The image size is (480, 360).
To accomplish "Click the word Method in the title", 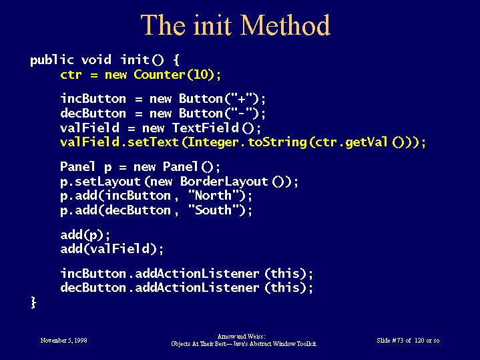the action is tap(285, 25).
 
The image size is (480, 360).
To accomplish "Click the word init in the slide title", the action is tap(212, 25).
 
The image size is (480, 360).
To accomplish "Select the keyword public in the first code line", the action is tap(52, 60).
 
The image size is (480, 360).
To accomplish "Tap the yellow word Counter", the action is tap(159, 74).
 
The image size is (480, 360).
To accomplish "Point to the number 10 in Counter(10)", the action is tap(200, 74).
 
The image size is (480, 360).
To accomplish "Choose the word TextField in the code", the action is tap(206, 128).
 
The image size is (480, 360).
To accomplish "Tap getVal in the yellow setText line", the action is tap(367, 142).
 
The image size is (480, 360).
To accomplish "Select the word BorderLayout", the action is tap(224, 182).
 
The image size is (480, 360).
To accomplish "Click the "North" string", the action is tap(214, 196).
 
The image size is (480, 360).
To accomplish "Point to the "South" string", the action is tap(214, 210).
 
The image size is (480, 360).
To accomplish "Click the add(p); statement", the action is tap(85, 235).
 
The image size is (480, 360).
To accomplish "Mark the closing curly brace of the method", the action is tap(33, 303).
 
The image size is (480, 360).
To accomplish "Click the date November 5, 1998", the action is tap(63, 341).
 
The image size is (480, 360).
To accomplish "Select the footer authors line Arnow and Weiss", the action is tap(241, 337).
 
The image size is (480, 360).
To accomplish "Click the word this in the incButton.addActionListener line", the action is tap(285, 273).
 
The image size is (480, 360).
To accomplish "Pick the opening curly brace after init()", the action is tap(176, 60).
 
